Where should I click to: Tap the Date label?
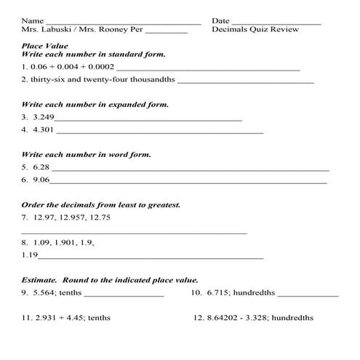[220, 21]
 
